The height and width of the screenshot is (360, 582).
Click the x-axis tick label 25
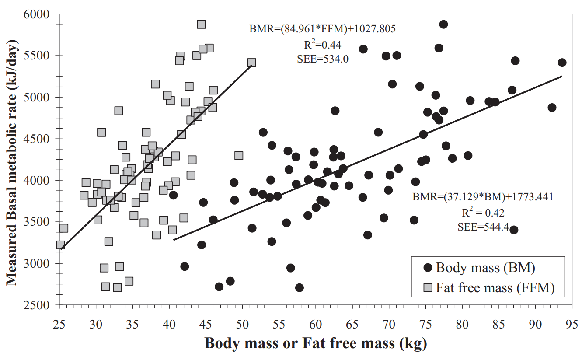pos(59,325)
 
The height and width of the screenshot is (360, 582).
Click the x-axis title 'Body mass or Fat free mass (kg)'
pos(315,344)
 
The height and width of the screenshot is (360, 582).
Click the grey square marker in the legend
pos(428,287)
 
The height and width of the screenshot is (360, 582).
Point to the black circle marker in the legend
pos(428,268)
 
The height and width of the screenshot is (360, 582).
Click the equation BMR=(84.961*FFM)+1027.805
pos(323,29)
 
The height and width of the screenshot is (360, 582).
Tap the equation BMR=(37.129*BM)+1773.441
pos(483,197)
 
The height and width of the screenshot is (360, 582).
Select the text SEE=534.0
pos(323,59)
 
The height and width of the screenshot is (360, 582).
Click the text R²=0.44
pos(323,44)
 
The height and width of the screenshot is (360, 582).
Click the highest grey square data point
pos(201,24)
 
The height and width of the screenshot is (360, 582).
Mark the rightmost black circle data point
pos(562,63)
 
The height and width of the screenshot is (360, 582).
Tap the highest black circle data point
pos(443,24)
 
